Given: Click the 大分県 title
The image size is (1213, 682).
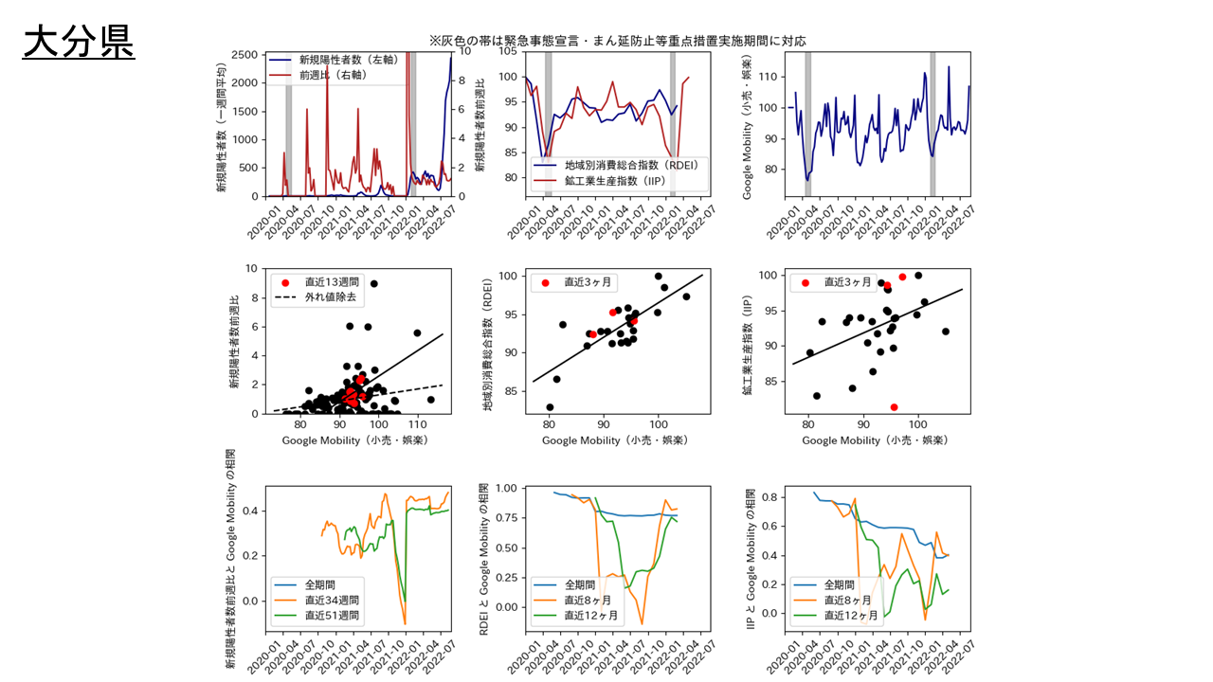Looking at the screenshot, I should pos(79,42).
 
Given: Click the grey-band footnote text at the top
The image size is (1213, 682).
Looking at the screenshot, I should pos(617,41).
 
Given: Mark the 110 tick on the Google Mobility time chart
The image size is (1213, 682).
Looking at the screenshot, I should pos(771,77).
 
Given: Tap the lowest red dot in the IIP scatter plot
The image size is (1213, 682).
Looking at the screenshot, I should pos(894,407).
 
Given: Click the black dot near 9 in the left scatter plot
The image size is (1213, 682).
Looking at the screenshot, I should pos(374,283).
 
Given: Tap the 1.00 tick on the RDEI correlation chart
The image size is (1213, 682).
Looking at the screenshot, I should pos(505,489).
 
